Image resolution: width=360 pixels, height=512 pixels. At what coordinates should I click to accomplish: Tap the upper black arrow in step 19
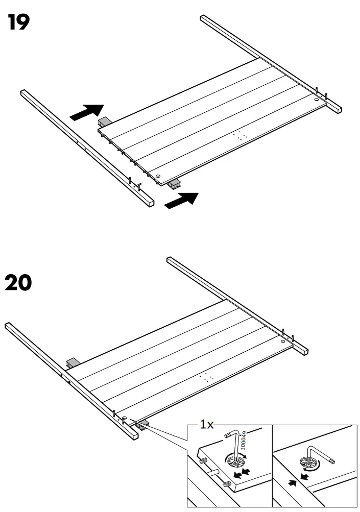pyautogui.click(x=86, y=112)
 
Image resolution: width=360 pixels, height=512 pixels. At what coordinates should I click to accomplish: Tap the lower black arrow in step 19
pyautogui.click(x=181, y=200)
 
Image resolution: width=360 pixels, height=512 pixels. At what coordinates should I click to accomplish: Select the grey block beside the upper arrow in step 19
pyautogui.click(x=105, y=122)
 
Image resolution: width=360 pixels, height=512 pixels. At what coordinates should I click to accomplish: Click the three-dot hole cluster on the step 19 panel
pyautogui.click(x=240, y=136)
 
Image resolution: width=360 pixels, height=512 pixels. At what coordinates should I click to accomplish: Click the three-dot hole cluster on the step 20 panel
pyautogui.click(x=207, y=378)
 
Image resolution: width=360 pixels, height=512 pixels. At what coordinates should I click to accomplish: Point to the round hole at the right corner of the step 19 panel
pyautogui.click(x=317, y=101)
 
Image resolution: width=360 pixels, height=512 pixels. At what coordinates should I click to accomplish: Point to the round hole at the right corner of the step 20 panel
pyautogui.click(x=283, y=340)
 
